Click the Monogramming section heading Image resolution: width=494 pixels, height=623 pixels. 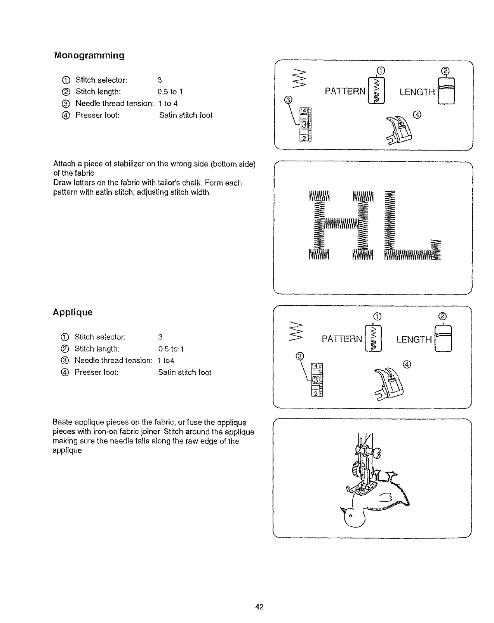click(89, 55)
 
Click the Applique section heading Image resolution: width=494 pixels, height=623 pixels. click(73, 312)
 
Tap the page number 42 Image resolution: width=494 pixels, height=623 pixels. click(260, 607)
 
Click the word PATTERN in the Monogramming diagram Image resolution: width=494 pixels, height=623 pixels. click(345, 92)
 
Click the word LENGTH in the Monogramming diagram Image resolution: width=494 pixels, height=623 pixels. click(417, 92)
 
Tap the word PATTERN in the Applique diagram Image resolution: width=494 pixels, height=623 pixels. click(342, 339)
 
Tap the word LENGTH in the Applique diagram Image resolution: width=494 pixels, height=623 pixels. click(414, 340)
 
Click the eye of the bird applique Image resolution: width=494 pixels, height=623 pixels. click(351, 516)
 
